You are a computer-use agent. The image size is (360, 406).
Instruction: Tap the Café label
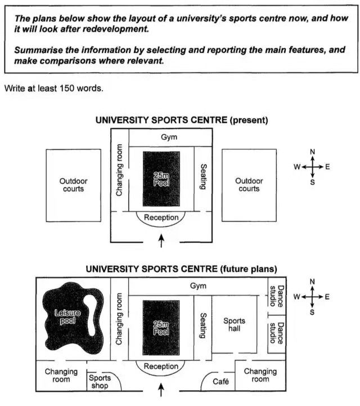click(x=221, y=382)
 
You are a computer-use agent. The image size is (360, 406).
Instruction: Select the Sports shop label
click(x=100, y=382)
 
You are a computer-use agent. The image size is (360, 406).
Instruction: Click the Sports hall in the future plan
click(x=234, y=324)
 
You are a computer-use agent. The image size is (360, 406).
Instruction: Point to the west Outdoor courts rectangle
click(x=73, y=185)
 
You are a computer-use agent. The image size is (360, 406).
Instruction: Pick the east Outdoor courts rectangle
click(x=249, y=185)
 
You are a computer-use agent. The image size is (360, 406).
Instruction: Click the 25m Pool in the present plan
click(x=161, y=179)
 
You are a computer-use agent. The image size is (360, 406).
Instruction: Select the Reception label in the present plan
click(x=161, y=217)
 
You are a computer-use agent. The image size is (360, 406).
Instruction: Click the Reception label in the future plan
click(x=161, y=367)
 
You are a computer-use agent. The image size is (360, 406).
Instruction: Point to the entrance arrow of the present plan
click(x=162, y=241)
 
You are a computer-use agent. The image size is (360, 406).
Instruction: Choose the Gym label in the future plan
click(x=198, y=286)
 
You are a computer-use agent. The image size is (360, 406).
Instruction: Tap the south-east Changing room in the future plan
click(x=260, y=375)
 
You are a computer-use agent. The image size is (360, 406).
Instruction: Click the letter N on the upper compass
click(x=312, y=151)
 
